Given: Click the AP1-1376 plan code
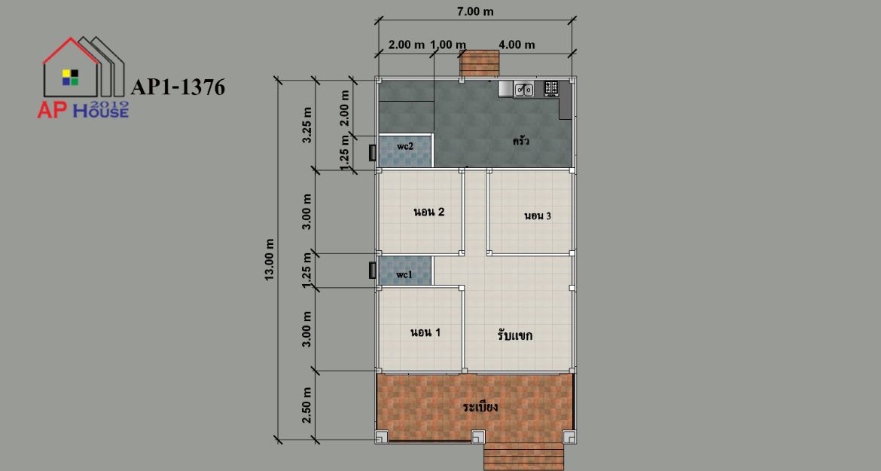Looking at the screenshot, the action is (x=178, y=87).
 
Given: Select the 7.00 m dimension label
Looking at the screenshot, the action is (x=475, y=11).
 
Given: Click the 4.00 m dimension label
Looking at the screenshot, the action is (x=517, y=44).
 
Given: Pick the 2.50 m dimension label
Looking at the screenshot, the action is (x=306, y=405).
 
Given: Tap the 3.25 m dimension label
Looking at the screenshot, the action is (x=306, y=124).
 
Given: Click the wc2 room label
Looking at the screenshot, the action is (x=405, y=146).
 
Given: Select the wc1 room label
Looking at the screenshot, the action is (x=404, y=275).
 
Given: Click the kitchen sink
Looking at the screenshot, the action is (x=523, y=89).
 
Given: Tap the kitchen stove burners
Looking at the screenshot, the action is (x=551, y=87).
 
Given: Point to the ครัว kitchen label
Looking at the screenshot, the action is (x=521, y=140).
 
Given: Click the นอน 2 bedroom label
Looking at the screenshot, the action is (x=429, y=212).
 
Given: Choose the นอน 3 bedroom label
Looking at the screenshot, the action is (x=538, y=216).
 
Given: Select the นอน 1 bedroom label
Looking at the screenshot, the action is (x=425, y=332).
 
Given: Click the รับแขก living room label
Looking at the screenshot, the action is (x=514, y=335).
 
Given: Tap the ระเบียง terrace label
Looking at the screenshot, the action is (x=480, y=406).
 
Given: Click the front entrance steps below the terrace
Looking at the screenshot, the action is (x=523, y=457).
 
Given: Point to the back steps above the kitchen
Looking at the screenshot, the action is (x=480, y=63).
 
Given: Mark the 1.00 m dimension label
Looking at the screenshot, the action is (x=448, y=44).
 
